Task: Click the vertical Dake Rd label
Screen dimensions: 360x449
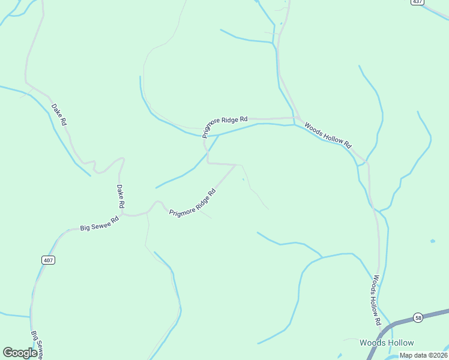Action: tap(120, 197)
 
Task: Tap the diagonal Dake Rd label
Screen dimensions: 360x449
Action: tap(59, 115)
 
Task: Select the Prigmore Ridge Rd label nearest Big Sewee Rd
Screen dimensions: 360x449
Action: tap(192, 203)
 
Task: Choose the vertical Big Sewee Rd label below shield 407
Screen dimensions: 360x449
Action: tap(37, 344)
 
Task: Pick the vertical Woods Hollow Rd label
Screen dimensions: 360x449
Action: tap(376, 299)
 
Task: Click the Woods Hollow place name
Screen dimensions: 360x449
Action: tap(387, 343)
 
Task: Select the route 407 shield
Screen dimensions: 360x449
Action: tap(49, 260)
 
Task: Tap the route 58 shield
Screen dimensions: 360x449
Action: tap(418, 317)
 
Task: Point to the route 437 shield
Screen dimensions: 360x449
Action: tap(418, 2)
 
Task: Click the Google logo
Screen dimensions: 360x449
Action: tap(20, 353)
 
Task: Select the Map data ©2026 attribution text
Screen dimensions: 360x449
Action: tap(423, 355)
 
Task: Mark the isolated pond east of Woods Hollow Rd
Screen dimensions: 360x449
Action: tap(433, 241)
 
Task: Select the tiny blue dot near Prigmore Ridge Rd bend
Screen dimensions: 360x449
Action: tap(243, 179)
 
